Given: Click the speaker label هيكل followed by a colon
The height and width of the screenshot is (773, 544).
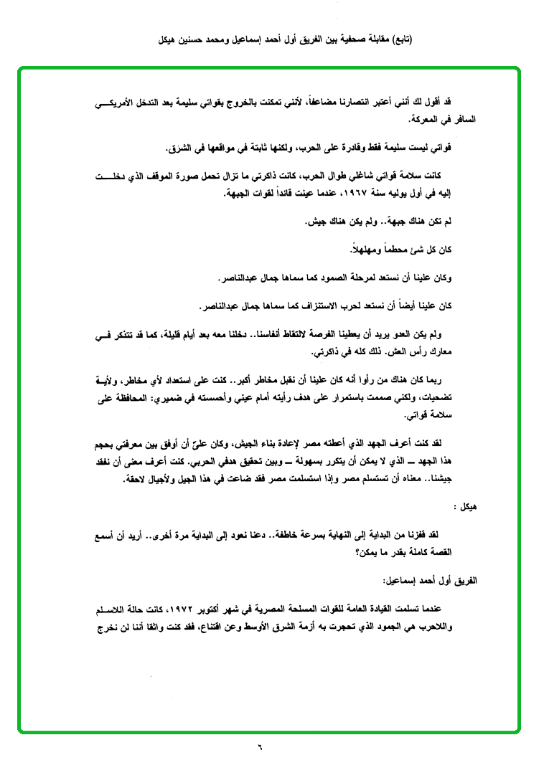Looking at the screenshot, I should click(467, 506).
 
